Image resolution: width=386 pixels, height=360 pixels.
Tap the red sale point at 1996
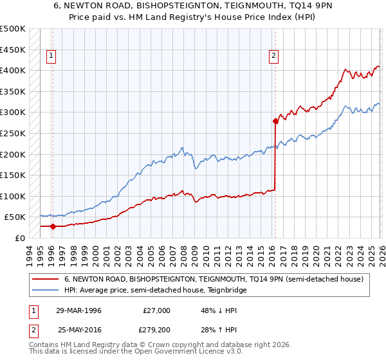pyautogui.click(x=53, y=226)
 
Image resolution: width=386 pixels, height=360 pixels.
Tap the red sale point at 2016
pyautogui.click(x=275, y=120)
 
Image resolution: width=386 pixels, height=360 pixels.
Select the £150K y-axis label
pyautogui.click(x=13, y=175)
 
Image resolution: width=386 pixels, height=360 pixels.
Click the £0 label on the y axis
pyautogui.click(x=19, y=238)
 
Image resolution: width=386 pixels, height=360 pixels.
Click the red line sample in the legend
pyautogui.click(x=46, y=280)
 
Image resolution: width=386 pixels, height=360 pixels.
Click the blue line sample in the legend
pyautogui.click(x=46, y=291)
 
